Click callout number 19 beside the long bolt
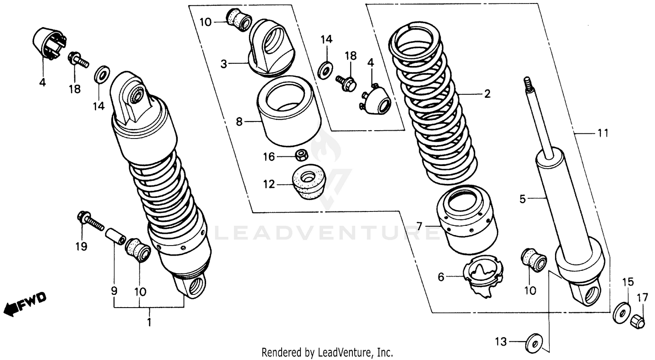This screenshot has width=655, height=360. click(x=81, y=246)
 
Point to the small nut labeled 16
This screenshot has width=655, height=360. click(x=300, y=155)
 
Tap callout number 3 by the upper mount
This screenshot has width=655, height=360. click(x=224, y=65)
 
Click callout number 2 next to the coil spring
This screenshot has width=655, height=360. click(x=487, y=94)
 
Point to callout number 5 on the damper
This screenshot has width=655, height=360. click(x=523, y=199)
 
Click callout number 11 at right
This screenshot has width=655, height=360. click(x=603, y=133)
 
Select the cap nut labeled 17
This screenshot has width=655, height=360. click(x=638, y=322)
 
